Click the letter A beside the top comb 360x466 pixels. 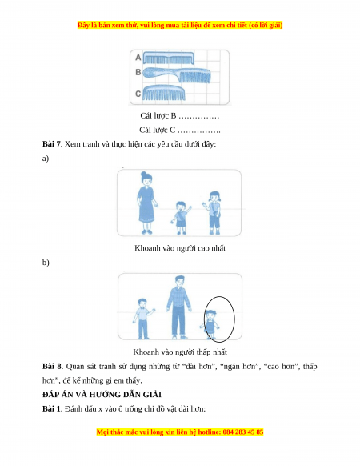138,58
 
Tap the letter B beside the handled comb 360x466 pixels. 138,72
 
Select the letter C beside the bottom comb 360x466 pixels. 138,94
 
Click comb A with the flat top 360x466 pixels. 169,58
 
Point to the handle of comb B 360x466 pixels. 160,73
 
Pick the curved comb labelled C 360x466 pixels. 164,93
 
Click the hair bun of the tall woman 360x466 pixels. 144,175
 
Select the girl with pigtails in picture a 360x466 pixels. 213,212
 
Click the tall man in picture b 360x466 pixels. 178,307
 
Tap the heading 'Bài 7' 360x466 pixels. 51,144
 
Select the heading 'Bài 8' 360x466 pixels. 52,366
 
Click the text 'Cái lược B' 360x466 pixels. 158,115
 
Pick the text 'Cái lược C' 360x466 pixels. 158,130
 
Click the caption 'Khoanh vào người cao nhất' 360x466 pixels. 180,248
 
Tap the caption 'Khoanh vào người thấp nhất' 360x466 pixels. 180,352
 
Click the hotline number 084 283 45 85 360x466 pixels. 243,432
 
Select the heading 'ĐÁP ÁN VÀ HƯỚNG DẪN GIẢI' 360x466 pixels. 102,395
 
